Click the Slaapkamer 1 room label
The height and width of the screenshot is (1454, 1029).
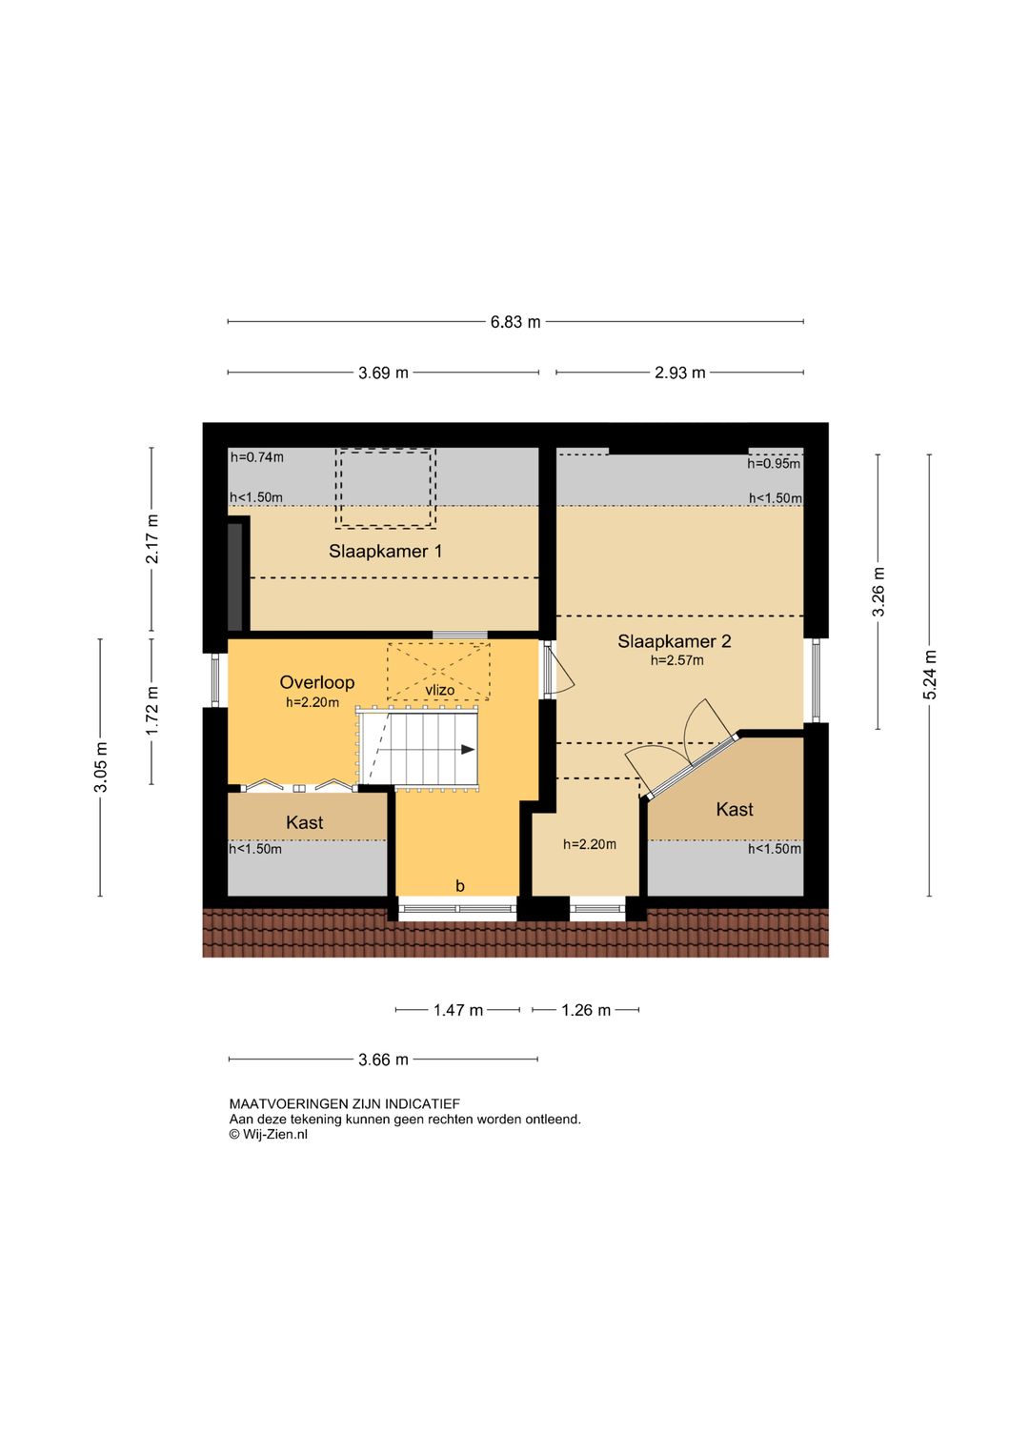coord(385,551)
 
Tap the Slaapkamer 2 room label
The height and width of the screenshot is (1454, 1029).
coord(674,641)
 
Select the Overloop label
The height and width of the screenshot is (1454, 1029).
coord(317,682)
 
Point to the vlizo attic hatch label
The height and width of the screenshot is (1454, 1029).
coord(439,689)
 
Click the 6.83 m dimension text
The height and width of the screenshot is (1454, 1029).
coord(515,322)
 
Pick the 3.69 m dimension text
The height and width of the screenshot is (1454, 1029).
coord(384,373)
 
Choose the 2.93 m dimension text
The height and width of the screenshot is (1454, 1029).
coord(679,373)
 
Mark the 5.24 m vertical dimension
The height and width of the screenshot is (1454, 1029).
coord(930,675)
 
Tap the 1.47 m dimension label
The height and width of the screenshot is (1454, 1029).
coord(458,1010)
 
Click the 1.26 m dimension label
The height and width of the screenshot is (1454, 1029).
coord(586,1010)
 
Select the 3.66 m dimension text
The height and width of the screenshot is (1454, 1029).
coord(384,1060)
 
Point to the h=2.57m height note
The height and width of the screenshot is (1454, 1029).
coord(677,661)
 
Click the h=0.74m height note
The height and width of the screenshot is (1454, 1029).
coord(257,457)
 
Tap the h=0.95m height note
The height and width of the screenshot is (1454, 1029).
coord(774,463)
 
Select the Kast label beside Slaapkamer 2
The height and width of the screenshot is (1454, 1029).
coord(735,810)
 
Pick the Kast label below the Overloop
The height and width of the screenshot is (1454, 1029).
coord(305,822)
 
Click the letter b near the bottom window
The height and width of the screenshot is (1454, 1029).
coord(460,886)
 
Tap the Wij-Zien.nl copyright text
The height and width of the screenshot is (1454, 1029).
coord(268,1135)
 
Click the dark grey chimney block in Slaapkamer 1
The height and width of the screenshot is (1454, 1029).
coord(235,576)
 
